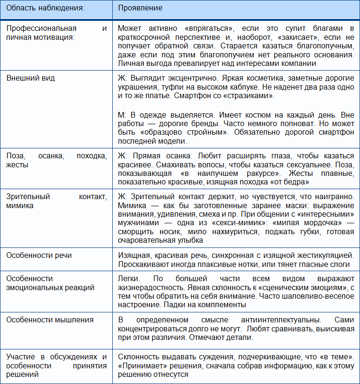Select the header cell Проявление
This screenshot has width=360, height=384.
point(140,8)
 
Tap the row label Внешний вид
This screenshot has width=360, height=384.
point(28,78)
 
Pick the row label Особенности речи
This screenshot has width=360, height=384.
point(39,256)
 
